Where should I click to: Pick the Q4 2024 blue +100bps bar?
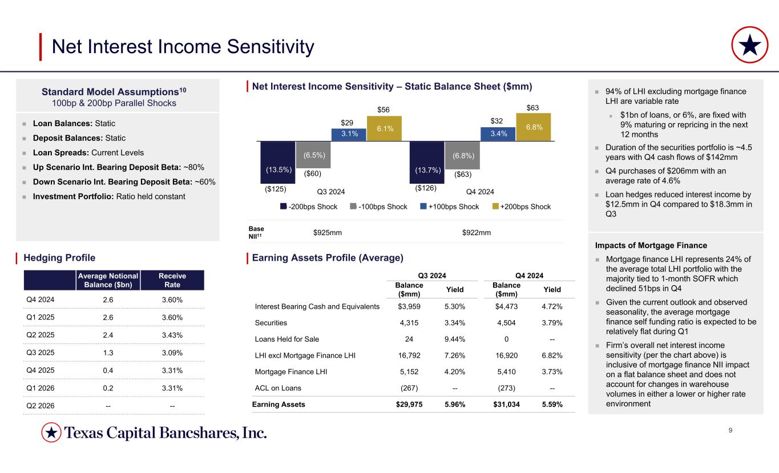coord(498,134)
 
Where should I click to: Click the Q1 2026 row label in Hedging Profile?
coord(39,388)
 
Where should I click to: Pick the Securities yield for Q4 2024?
coord(551,323)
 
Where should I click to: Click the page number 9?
coord(731,430)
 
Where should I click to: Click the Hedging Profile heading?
coord(59,258)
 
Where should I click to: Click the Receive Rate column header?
coord(172,280)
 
